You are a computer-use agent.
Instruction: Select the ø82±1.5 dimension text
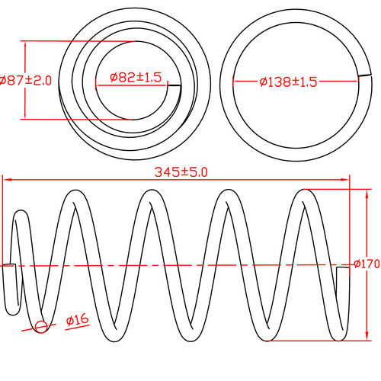click(136, 77)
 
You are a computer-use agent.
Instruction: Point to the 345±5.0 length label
click(181, 172)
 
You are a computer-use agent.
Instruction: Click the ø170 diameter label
click(367, 264)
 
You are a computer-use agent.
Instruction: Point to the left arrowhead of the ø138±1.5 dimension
click(236, 82)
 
